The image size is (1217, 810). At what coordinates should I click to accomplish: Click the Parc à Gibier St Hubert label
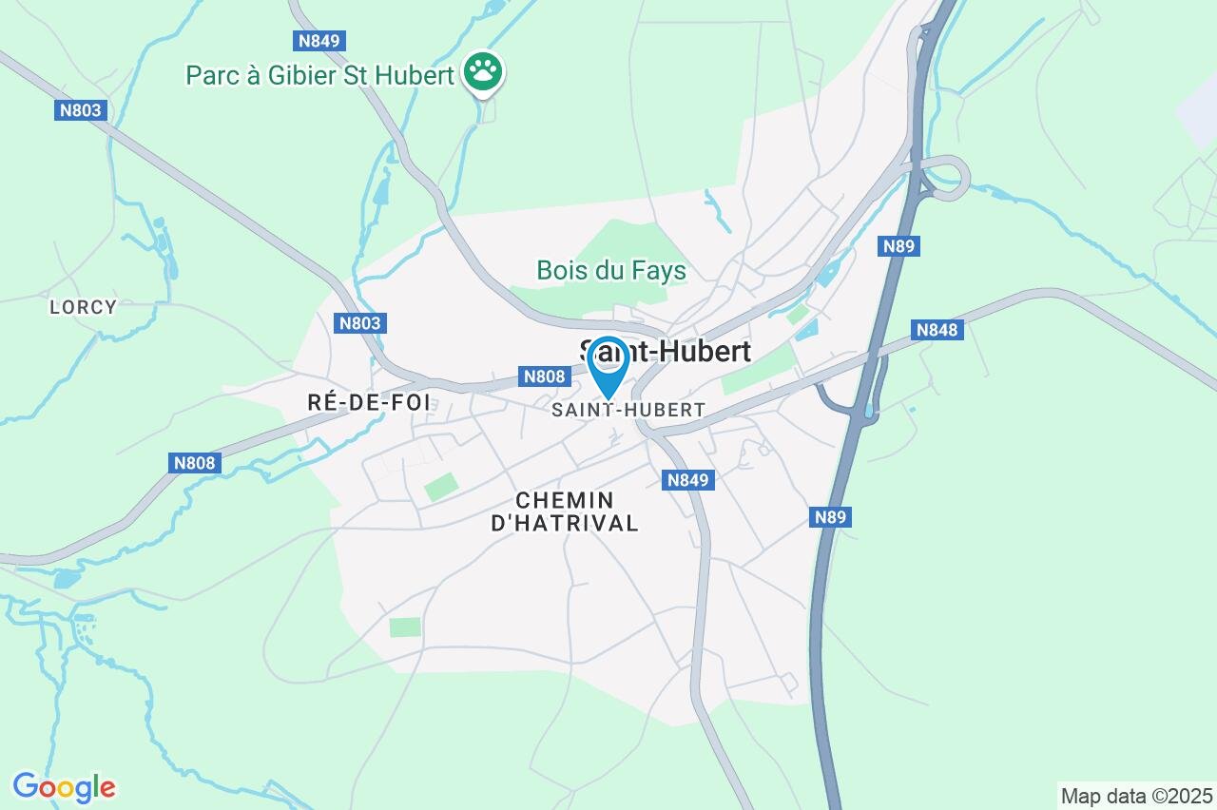coord(319,75)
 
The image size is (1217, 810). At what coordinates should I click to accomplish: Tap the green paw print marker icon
coord(483,71)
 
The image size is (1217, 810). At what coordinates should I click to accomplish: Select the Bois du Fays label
coord(611,271)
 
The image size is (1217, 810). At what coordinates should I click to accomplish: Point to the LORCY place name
coord(84,307)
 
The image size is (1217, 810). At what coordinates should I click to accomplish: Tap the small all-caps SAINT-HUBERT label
coord(628,410)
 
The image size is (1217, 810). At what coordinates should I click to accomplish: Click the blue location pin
coord(608,363)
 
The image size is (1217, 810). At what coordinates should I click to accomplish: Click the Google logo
coord(64,787)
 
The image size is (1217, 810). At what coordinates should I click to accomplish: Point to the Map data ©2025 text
coord(1136,796)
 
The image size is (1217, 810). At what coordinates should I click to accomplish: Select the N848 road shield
coord(937,330)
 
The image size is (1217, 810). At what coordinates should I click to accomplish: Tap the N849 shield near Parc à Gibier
coord(319,41)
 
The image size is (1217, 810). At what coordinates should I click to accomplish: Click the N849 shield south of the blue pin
coord(687,480)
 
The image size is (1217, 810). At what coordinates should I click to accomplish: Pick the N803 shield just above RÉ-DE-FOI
coord(360,323)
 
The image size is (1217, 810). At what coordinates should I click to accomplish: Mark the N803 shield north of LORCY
coord(80,110)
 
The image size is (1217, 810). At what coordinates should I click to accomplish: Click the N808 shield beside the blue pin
coord(545,376)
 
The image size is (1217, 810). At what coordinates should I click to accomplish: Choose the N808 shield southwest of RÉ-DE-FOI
coord(196,463)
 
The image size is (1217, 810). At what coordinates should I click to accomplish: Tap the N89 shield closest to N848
coord(898,246)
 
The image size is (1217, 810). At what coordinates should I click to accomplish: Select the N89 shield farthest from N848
coord(830,517)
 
